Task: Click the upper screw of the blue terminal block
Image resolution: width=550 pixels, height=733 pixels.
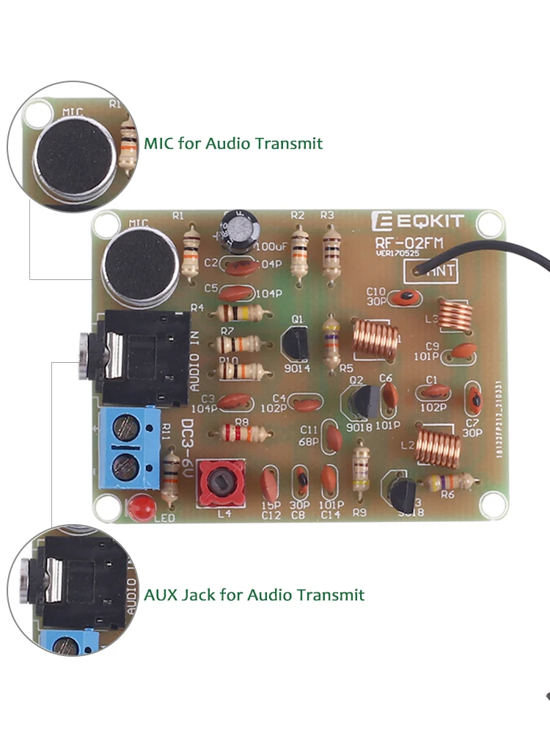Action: pos(126,424)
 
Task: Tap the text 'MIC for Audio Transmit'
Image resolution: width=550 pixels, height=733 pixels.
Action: pos(233,143)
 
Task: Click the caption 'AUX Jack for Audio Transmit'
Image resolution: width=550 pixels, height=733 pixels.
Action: pos(254,594)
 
